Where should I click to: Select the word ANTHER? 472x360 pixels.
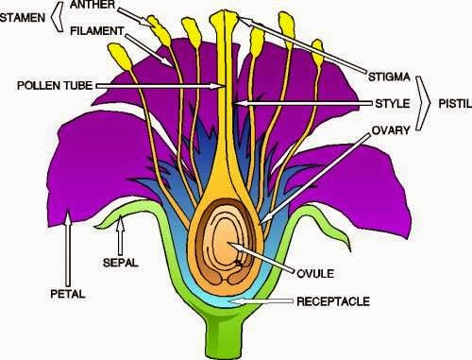pos(93,7)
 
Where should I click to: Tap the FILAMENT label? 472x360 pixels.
pos(96,30)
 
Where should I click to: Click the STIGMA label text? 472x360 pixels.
pos(385,71)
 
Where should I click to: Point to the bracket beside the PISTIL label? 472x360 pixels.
pos(425,97)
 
